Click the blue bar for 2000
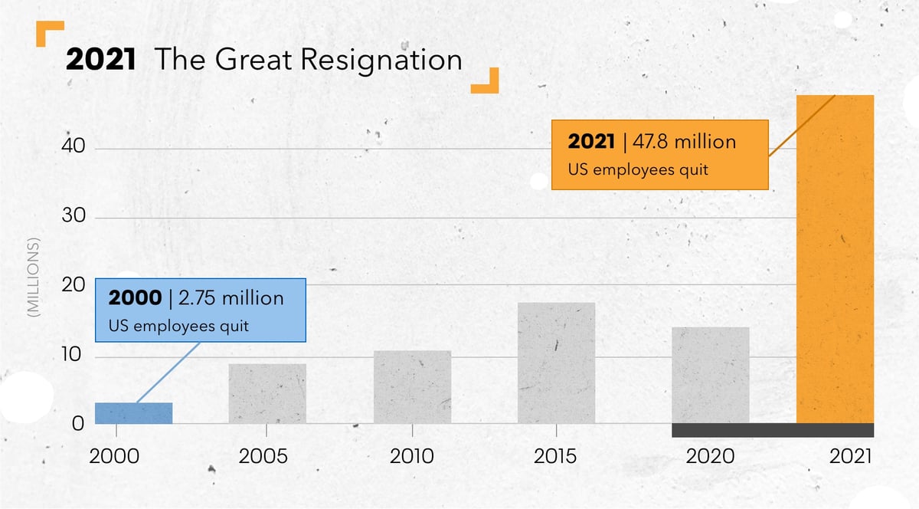point(133,413)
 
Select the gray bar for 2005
point(267,393)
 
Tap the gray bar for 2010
point(412,387)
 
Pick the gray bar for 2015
point(556,363)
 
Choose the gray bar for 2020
point(710,375)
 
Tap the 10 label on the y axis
point(72,357)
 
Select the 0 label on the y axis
point(77,423)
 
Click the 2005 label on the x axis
point(263,457)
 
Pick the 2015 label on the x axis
point(555,457)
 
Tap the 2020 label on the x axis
point(710,457)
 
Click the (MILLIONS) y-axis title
point(33,278)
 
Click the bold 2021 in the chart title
point(100,61)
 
